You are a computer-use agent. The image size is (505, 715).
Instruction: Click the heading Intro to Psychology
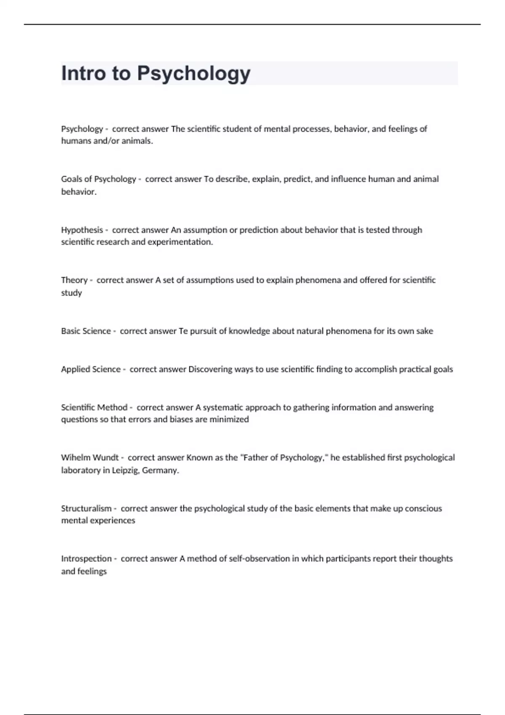156,73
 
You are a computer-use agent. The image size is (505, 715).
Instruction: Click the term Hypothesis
82,230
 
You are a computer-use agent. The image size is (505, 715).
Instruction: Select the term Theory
74,280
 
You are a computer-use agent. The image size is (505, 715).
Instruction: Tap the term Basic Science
86,331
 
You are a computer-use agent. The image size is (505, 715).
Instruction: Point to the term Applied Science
90,369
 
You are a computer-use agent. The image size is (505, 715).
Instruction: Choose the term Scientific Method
94,408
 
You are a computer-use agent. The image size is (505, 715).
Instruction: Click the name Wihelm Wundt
90,458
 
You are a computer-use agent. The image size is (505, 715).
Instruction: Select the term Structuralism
86,508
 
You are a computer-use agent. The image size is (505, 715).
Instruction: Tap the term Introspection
86,559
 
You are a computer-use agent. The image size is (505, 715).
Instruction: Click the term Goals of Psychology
98,179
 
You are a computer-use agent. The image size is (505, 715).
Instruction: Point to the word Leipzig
125,471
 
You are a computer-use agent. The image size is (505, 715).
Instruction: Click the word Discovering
210,369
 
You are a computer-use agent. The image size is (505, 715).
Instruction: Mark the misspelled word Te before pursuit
183,331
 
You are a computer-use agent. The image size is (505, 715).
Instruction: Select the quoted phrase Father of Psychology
284,458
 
